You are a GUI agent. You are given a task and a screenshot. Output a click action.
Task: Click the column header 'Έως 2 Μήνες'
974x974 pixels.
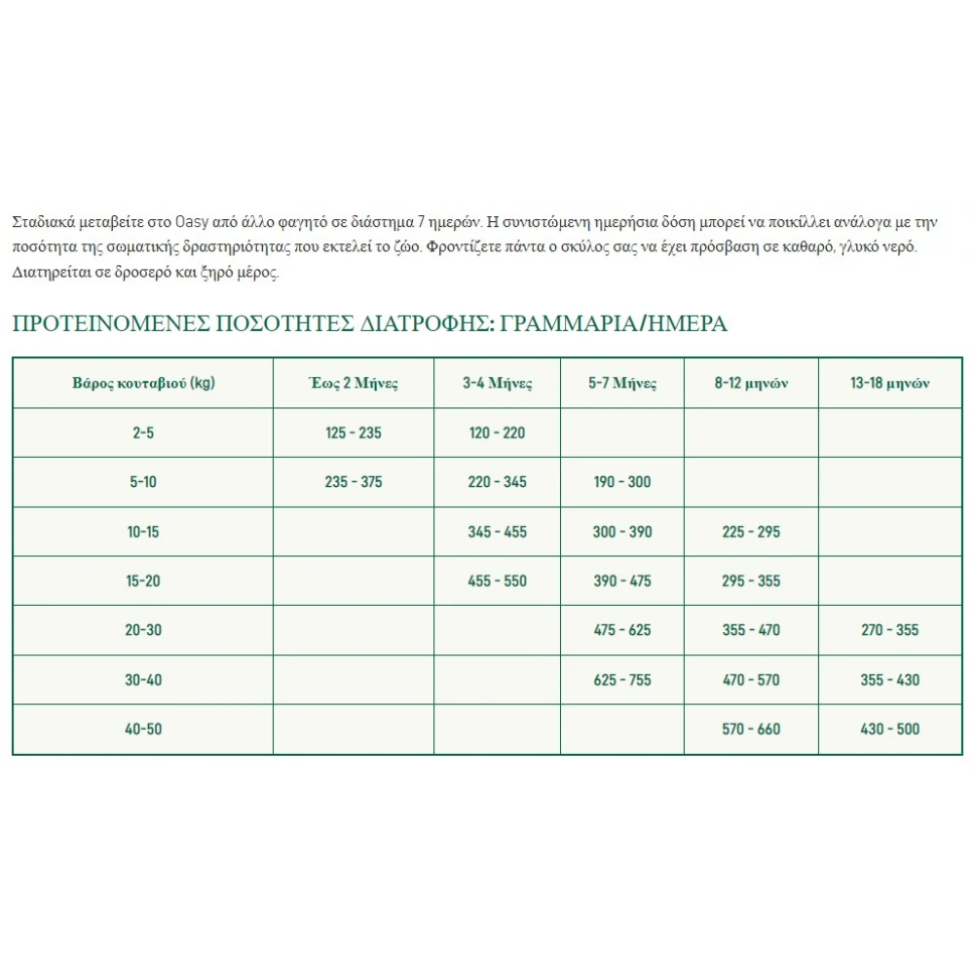[353, 383]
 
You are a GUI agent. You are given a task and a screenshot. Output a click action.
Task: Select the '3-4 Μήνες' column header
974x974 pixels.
[497, 383]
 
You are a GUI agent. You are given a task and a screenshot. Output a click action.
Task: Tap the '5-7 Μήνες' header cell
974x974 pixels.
[621, 383]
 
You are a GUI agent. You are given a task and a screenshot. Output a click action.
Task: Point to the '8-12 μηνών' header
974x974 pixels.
[751, 383]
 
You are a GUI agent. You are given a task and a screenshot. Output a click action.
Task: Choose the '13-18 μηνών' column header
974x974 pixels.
[889, 383]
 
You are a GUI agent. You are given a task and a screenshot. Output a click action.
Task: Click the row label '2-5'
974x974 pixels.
[143, 432]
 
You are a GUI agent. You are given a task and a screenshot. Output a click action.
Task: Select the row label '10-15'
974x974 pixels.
[143, 532]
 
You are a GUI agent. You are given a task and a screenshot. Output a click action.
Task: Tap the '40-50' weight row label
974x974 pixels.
[143, 729]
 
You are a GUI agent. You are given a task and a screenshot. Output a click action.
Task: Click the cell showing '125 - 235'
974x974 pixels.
[353, 432]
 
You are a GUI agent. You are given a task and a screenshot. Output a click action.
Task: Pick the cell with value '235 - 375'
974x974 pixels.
[353, 482]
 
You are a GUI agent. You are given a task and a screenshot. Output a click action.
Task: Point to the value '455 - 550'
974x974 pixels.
[497, 581]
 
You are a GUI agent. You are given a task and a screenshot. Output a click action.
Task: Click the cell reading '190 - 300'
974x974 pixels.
[621, 482]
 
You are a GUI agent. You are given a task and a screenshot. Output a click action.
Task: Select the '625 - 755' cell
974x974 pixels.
[621, 680]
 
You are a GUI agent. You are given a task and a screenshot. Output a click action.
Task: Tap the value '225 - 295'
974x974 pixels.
[751, 532]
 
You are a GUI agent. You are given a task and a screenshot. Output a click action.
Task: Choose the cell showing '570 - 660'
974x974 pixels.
[751, 729]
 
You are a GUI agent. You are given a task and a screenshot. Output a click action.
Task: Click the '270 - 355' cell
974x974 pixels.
[889, 630]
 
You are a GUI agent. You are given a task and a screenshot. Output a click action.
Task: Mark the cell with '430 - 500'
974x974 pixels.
[889, 729]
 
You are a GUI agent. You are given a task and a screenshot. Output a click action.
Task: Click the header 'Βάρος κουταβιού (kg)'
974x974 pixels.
[143, 383]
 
